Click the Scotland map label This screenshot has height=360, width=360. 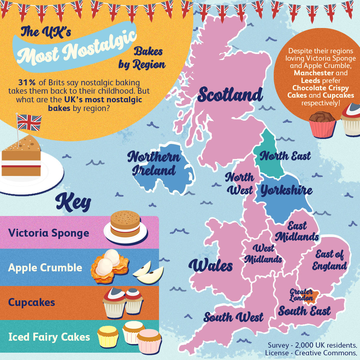click(x=230, y=95)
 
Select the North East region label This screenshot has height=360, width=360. click(x=285, y=156)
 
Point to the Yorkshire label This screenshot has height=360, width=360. click(x=286, y=190)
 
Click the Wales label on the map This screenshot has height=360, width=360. click(x=211, y=266)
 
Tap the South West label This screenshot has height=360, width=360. click(x=233, y=317)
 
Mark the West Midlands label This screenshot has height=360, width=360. click(x=263, y=254)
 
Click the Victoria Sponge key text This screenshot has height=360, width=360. click(x=49, y=233)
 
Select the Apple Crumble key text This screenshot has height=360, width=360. click(x=45, y=268)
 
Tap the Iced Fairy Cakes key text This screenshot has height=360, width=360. click(x=49, y=337)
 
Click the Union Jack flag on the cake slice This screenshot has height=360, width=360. click(x=29, y=122)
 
